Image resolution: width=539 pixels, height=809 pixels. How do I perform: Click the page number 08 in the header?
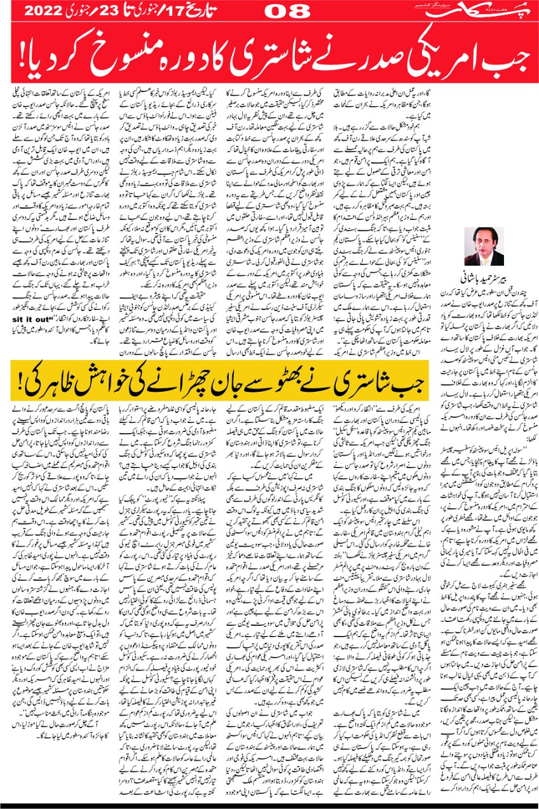pos(285,11)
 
